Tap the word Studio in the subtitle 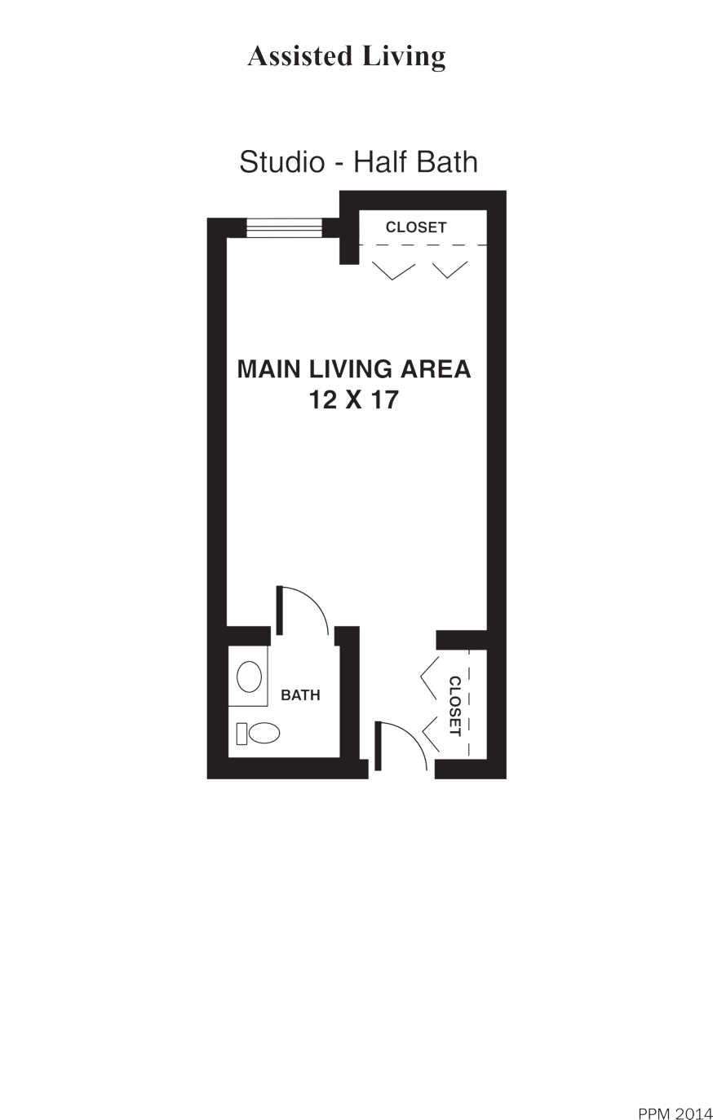(281, 161)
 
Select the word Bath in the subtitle (447, 161)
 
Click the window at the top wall (284, 227)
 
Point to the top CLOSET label (416, 227)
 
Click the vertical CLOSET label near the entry (454, 706)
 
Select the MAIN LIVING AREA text (354, 369)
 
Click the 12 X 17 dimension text (354, 400)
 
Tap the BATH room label (300, 695)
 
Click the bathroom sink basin (249, 677)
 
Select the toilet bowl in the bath (264, 733)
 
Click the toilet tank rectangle (241, 734)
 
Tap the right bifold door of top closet (449, 270)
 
